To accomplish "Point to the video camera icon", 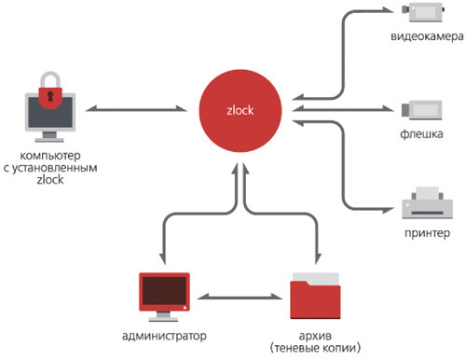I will point(415,12).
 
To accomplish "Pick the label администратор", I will point(164,334).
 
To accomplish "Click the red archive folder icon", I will point(320,298).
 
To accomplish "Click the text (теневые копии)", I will point(319,348).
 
